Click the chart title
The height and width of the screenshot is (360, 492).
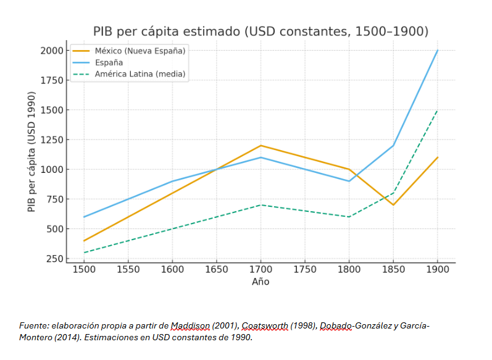261,31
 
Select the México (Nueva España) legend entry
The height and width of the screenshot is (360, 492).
140,51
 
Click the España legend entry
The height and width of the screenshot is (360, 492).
109,62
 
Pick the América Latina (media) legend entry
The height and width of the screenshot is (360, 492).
140,74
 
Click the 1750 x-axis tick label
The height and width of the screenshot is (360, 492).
304,270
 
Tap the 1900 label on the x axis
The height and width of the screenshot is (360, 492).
438,270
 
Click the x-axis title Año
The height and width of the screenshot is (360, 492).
261,282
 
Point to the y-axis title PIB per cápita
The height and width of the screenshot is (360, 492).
31,152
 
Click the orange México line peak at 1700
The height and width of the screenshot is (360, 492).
261,146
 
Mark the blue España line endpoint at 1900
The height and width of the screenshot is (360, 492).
438,51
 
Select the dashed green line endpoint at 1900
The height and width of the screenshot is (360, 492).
438,110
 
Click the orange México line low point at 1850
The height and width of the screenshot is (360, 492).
393,205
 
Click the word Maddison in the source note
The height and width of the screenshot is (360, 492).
190,325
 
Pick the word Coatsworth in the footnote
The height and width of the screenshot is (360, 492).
264,325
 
